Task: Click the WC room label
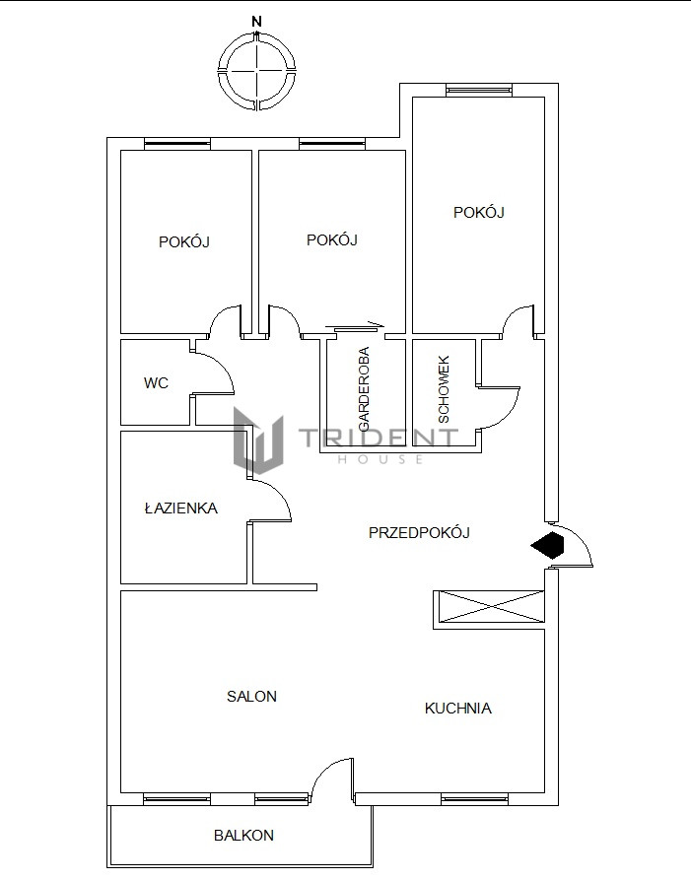coord(156,383)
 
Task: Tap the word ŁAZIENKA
coord(181,508)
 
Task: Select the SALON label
coord(251,696)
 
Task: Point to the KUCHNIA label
coord(457,708)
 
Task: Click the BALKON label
coord(243,836)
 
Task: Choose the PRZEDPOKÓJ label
coord(419,532)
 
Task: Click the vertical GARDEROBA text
coord(364,389)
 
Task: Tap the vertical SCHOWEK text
coord(444,389)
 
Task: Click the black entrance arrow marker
coord(547,545)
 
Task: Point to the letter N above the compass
coord(257,22)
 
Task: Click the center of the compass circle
coord(257,71)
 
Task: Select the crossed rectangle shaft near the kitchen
coord(489,607)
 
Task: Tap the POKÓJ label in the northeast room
coord(478,213)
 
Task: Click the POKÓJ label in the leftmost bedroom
coord(184,241)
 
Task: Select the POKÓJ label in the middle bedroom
coord(332,239)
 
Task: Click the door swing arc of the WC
coord(223,366)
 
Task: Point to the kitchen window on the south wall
coord(474,798)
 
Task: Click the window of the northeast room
coord(479,90)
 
